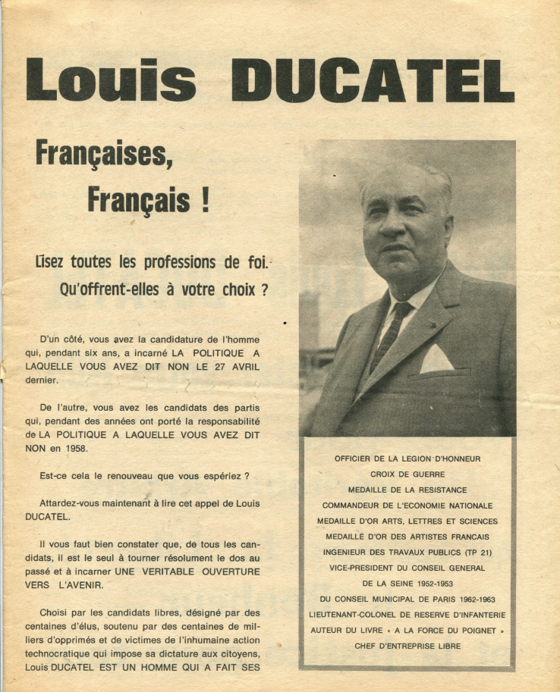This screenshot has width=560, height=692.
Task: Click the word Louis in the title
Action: [x=111, y=80]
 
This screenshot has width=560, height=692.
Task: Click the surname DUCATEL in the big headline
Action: [x=372, y=80]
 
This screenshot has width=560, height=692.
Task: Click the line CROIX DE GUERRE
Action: [x=407, y=474]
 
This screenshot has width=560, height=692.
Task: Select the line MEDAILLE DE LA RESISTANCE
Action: [x=407, y=490]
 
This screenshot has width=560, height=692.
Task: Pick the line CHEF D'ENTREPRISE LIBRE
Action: [x=407, y=646]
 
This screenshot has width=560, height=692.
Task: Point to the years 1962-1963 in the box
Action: [x=468, y=599]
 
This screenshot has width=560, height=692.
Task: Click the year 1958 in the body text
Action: [x=72, y=447]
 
